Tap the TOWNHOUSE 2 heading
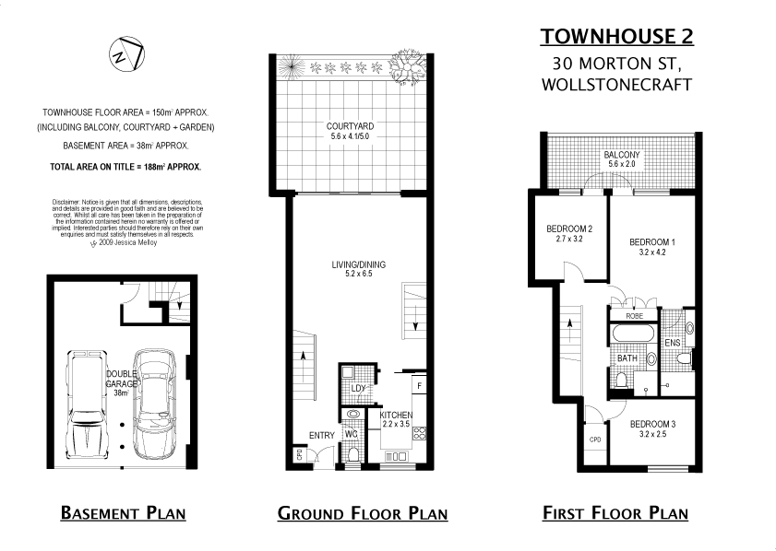pyautogui.click(x=616, y=36)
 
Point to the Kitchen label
pyautogui.click(x=397, y=416)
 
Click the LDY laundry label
pyautogui.click(x=359, y=388)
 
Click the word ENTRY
pyautogui.click(x=322, y=435)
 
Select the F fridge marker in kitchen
pyautogui.click(x=418, y=384)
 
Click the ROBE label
pyautogui.click(x=634, y=315)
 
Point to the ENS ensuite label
pyautogui.click(x=672, y=343)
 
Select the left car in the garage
pyautogui.click(x=89, y=404)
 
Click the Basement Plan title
pyautogui.click(x=123, y=512)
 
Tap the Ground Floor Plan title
pyautogui.click(x=362, y=513)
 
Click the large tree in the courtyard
pyautogui.click(x=406, y=66)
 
